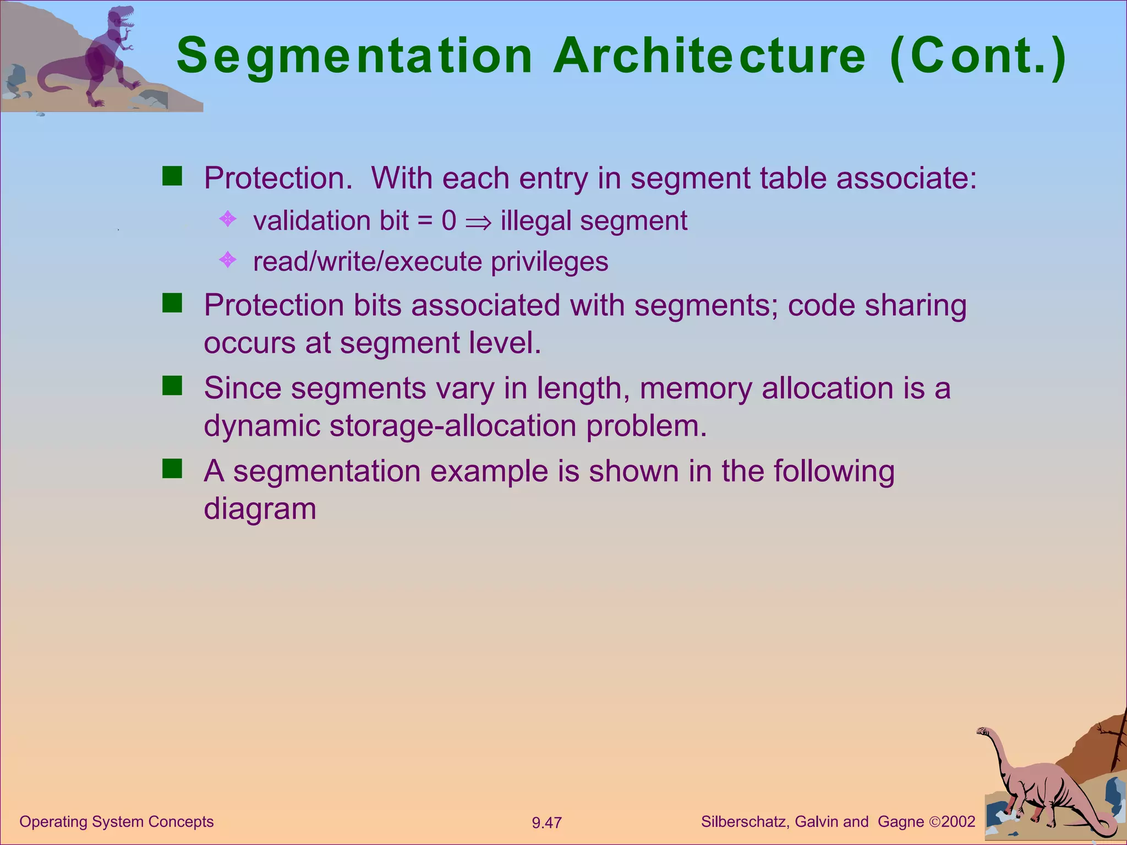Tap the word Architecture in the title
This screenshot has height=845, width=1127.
[x=709, y=56]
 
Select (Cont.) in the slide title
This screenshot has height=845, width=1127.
[x=978, y=56]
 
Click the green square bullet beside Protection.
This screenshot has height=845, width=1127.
[x=172, y=177]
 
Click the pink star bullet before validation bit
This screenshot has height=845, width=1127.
[x=228, y=220]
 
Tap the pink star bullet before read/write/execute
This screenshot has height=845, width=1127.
[x=228, y=260]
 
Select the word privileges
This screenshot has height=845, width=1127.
[x=549, y=262]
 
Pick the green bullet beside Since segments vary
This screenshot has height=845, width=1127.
[x=172, y=386]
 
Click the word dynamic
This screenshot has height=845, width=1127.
[x=262, y=426]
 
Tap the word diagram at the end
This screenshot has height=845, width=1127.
[x=260, y=509]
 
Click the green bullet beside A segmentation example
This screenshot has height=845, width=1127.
[x=172, y=469]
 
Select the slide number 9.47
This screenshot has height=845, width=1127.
[x=546, y=823]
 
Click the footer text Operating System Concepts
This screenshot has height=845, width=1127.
[x=116, y=822]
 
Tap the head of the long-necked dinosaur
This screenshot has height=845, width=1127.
[x=983, y=732]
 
